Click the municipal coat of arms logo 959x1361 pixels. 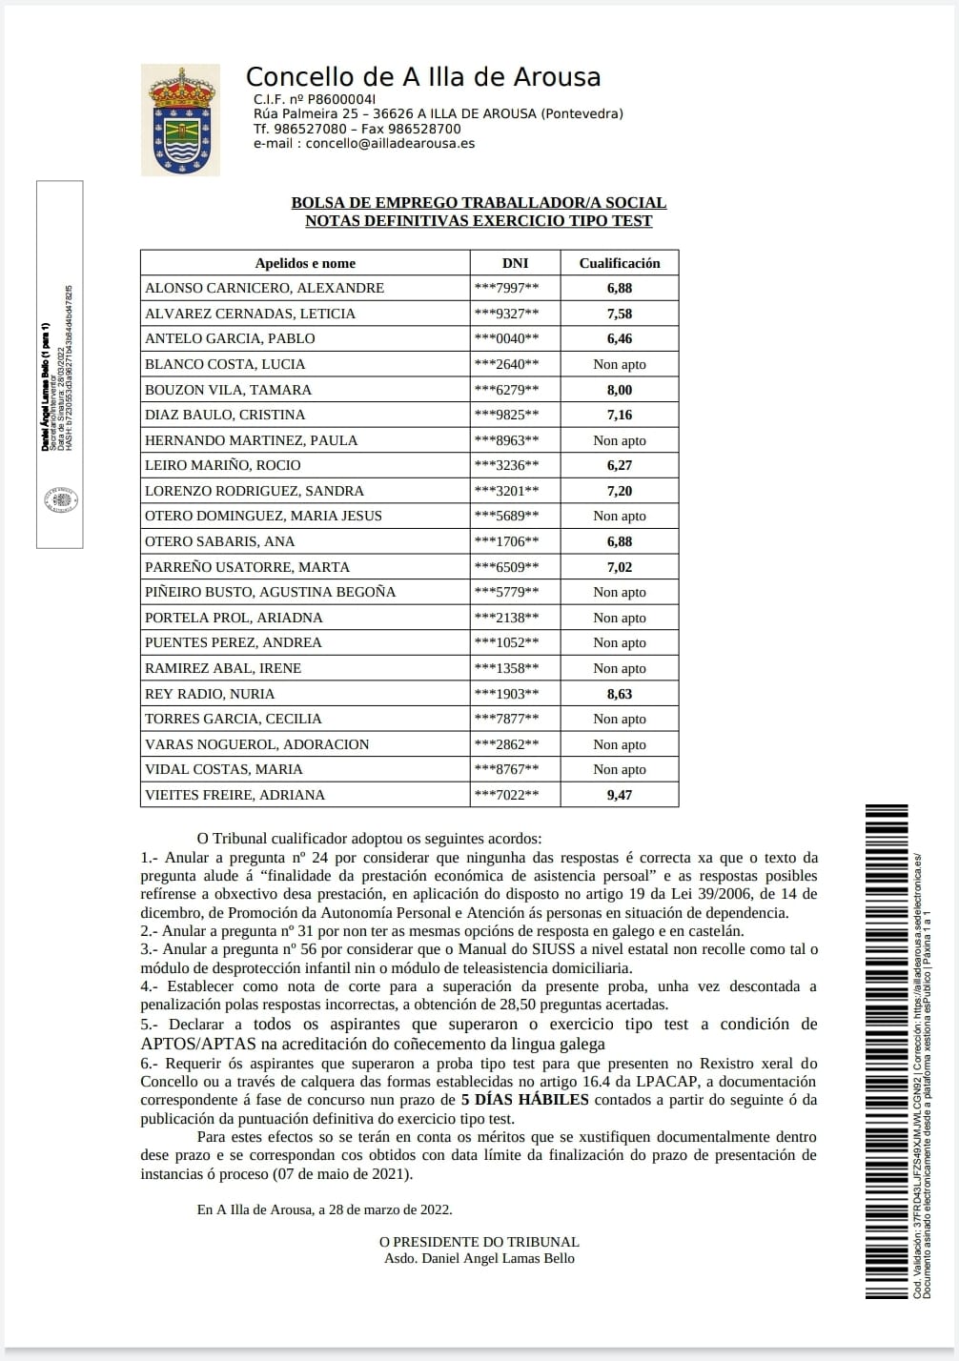coord(179,119)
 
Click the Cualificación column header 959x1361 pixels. coord(620,263)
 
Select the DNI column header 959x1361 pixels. coord(515,263)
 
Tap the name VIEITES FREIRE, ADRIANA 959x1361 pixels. coord(235,795)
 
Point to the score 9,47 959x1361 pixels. coord(620,795)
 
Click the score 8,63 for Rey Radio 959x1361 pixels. coord(620,694)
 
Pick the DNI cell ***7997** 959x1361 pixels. coord(506,288)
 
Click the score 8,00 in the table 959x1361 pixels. coord(620,390)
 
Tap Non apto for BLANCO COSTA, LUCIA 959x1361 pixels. coord(620,364)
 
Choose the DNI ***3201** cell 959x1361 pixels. coord(506,491)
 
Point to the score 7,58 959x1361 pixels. coord(620,314)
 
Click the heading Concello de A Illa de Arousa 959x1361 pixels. coord(423,77)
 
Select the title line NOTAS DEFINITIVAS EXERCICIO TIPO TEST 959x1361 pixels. coord(479,221)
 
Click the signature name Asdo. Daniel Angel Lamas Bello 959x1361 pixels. coord(479,1258)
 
